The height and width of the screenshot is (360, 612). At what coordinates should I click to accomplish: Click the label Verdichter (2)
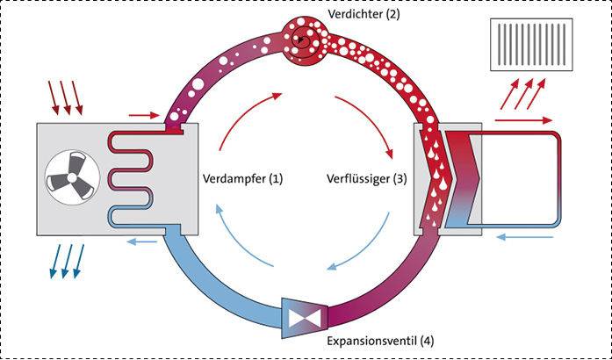[361, 15]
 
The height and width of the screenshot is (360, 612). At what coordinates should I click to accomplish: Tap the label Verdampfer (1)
[242, 178]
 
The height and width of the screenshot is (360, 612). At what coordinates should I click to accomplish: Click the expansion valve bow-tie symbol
[303, 313]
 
